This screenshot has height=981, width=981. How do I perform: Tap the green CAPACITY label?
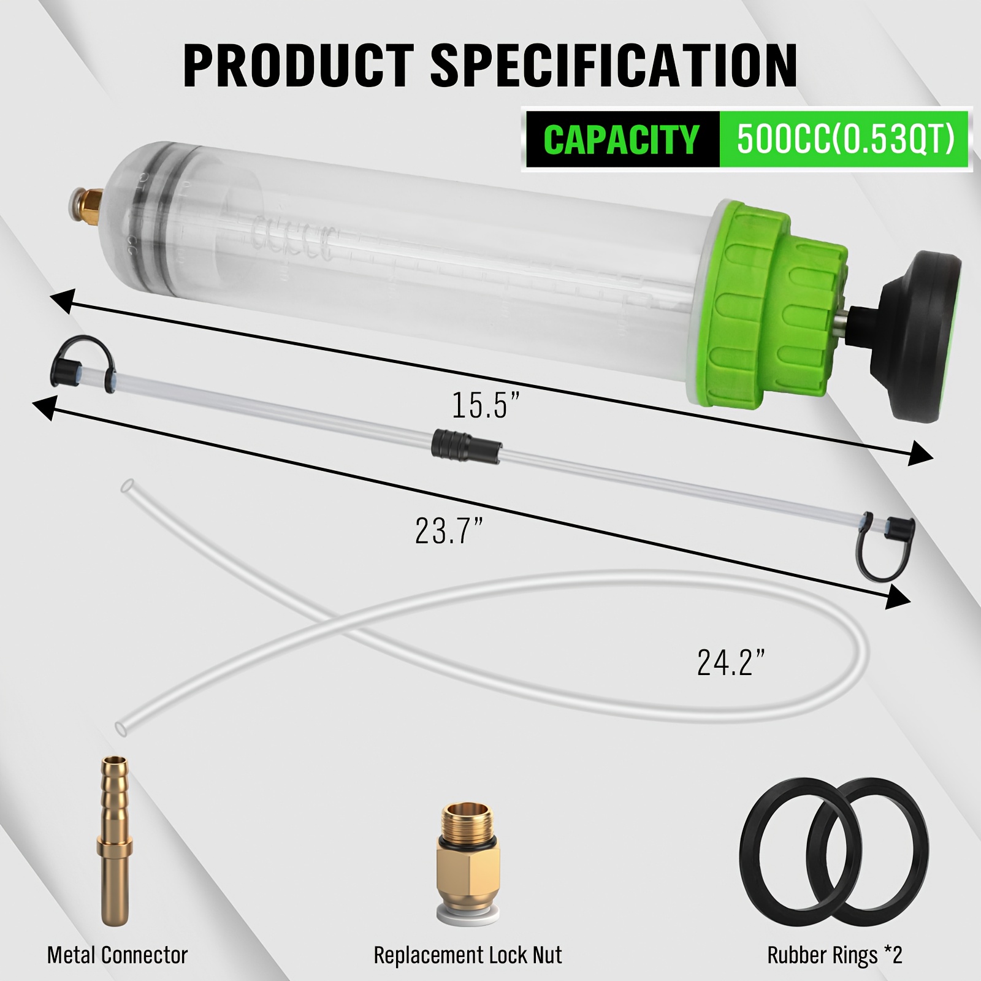pyautogui.click(x=621, y=139)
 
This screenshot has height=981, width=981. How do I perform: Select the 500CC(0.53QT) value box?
pyautogui.click(x=846, y=139)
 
